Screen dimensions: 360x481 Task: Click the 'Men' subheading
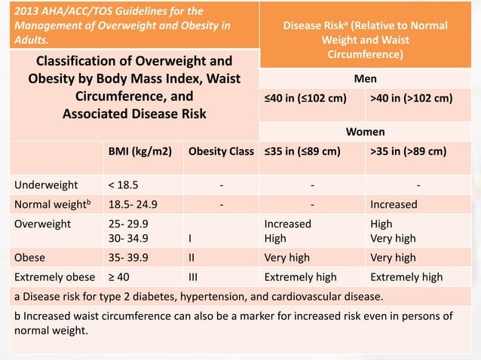365,78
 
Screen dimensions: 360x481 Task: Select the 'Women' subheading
365,132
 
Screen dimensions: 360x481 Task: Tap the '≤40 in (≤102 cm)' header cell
305,98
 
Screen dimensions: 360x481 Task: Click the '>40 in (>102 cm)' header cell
412,98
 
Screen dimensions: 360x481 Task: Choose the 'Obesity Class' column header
221,151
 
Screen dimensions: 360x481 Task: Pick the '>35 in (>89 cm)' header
409,151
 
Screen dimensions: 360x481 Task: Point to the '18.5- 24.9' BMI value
133,204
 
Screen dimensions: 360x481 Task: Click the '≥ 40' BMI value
120,277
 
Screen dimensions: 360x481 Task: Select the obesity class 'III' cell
194,277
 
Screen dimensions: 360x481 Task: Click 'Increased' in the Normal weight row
394,204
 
